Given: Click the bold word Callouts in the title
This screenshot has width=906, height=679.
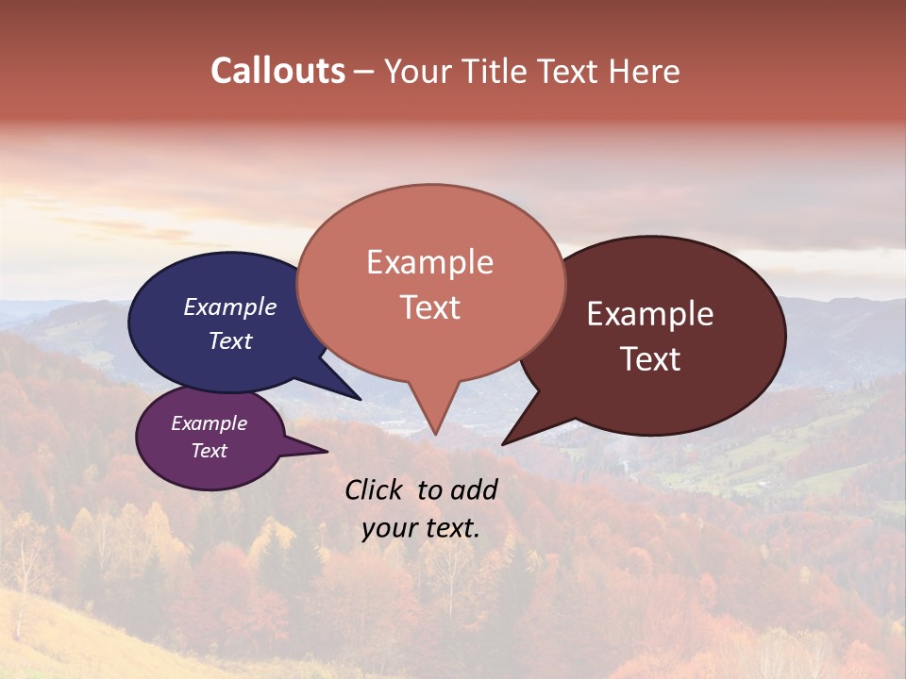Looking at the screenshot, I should (277, 71).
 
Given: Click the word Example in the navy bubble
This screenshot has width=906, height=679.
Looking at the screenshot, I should (229, 306).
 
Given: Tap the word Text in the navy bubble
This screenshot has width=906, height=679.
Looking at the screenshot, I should (229, 340).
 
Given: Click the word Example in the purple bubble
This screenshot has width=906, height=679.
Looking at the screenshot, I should (209, 423).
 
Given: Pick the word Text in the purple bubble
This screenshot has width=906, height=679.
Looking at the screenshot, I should (209, 450).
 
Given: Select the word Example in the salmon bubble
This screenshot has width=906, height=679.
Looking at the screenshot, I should (429, 262).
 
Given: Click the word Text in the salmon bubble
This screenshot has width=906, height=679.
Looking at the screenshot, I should (429, 307).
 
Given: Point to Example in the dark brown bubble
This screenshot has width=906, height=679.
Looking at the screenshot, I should (650, 314).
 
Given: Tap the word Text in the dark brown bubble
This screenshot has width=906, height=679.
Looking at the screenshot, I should (650, 359).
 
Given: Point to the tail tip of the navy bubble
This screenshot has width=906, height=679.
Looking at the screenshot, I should (360, 399).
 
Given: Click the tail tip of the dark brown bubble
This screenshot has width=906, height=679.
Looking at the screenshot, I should (504, 443).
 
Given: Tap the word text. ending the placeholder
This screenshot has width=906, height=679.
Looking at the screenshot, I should (449, 528).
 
